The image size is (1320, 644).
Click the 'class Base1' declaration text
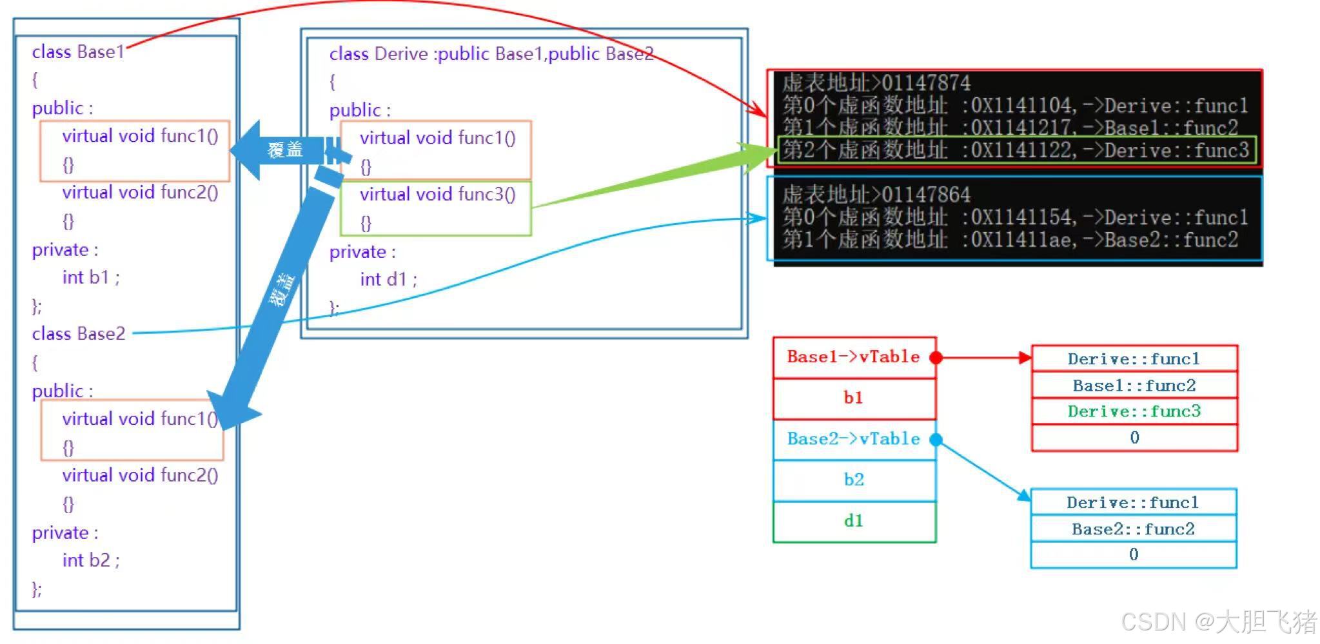click(78, 52)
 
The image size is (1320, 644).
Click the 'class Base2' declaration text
click(79, 333)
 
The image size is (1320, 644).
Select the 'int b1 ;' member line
click(91, 277)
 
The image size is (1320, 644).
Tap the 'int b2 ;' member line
click(91, 560)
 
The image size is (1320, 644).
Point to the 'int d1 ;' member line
click(388, 279)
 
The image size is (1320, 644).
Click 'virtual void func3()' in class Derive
click(437, 194)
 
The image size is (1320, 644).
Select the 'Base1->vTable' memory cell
click(853, 357)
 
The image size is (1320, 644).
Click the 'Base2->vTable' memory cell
click(853, 439)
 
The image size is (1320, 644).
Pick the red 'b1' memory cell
click(853, 398)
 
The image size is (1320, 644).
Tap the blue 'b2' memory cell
click(853, 480)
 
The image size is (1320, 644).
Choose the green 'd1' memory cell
click(853, 521)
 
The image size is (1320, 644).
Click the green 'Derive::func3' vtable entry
click(1134, 411)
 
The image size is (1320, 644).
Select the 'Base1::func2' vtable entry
click(1134, 385)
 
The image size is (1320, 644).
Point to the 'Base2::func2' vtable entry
click(1133, 529)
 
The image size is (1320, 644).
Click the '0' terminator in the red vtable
click(1134, 438)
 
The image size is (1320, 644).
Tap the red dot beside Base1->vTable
click(936, 358)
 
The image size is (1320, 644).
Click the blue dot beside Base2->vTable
click(936, 440)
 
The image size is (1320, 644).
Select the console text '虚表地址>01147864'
click(876, 195)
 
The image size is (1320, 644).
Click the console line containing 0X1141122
click(1016, 151)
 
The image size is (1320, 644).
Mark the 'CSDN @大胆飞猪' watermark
click(1218, 621)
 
